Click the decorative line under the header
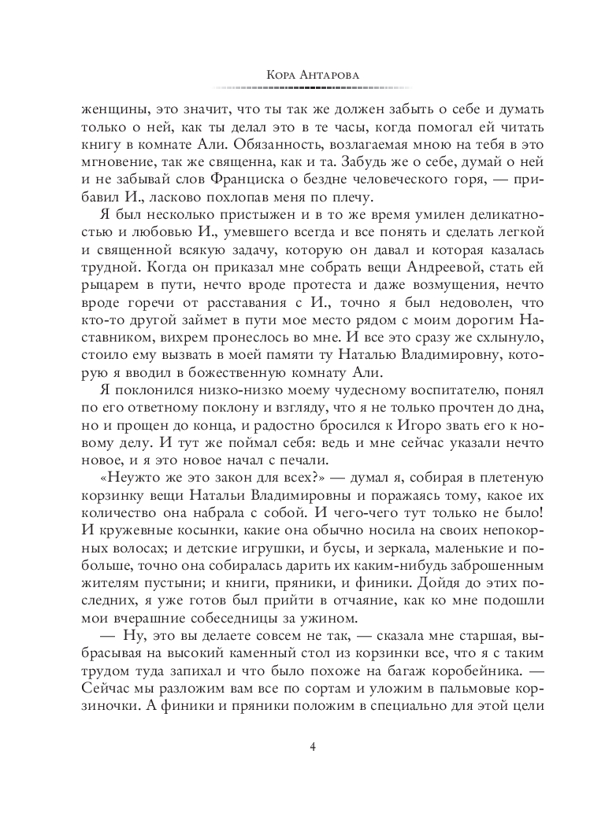302,87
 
